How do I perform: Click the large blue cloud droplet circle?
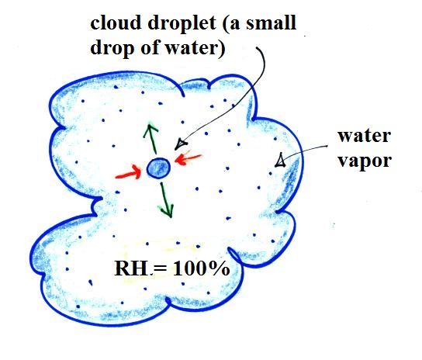pos(158,168)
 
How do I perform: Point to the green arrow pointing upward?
pos(151,139)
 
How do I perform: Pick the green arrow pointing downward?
pos(167,200)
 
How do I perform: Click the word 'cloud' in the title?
pos(116,22)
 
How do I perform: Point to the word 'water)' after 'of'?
pos(195,48)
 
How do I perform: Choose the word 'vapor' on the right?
pos(365,161)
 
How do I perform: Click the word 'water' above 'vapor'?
pos(364,136)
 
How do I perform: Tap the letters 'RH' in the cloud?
pos(131,268)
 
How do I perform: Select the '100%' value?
pos(201,268)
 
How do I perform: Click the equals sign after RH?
pos(160,268)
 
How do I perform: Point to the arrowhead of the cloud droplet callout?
pos(180,144)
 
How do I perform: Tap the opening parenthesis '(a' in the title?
pos(231,23)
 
